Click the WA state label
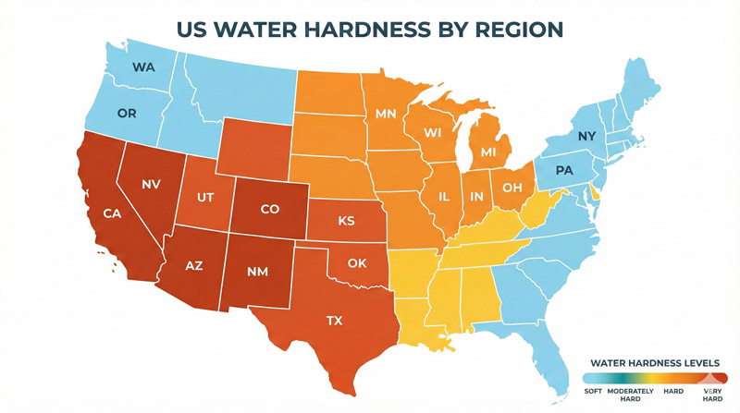tap(143, 67)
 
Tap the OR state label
tap(128, 114)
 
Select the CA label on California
tap(113, 214)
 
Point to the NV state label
tap(152, 185)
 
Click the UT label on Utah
tap(207, 198)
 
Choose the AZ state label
tap(193, 265)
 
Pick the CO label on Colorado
tap(269, 210)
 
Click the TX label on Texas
tap(334, 321)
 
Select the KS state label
tap(346, 222)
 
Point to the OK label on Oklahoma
tap(357, 263)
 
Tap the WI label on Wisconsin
tap(433, 133)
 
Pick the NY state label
tap(586, 137)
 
